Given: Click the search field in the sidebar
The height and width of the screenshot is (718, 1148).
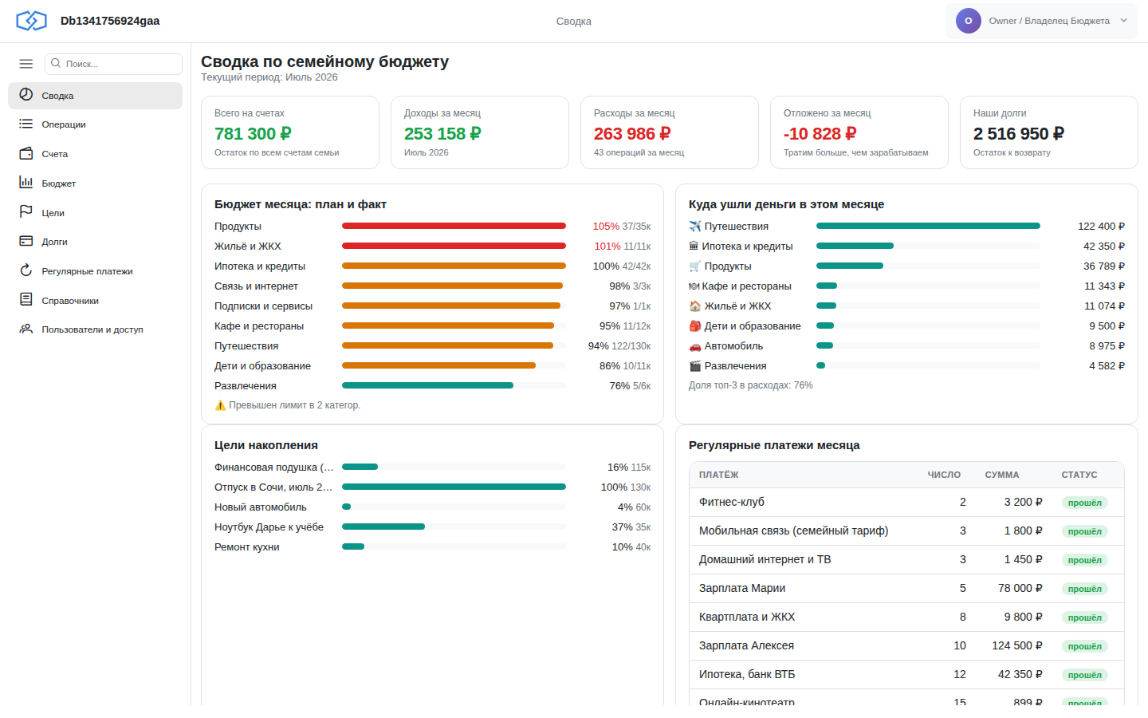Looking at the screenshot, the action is (113, 64).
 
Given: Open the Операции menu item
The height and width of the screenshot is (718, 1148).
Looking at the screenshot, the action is (64, 124).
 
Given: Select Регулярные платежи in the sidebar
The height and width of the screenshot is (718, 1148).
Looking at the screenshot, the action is (87, 271).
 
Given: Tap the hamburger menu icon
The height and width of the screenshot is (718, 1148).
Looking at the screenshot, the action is (26, 64).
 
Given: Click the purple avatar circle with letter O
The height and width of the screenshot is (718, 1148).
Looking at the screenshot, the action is (968, 21).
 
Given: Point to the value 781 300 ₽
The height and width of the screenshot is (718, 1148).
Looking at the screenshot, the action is (253, 134).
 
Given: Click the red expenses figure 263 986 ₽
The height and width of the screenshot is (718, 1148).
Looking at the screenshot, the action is (632, 134).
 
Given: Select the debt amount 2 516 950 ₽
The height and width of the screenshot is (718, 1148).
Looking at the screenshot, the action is (1018, 134).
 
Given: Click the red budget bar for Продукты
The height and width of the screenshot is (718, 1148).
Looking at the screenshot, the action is (454, 227).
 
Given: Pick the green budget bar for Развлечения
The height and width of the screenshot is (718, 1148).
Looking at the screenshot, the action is (427, 385).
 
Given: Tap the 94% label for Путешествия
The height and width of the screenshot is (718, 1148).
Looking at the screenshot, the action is (598, 346).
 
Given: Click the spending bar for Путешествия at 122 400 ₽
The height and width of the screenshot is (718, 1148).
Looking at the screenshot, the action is (928, 227).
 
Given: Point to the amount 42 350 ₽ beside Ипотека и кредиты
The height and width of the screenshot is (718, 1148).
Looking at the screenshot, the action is (1104, 247).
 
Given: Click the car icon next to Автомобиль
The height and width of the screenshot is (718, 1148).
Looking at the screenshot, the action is (695, 347).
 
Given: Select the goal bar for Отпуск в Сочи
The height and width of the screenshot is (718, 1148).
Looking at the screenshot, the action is (454, 487).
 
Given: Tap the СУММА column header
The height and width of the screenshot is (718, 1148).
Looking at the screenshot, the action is (1001, 475).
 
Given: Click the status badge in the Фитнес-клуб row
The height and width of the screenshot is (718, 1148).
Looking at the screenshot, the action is (1084, 503).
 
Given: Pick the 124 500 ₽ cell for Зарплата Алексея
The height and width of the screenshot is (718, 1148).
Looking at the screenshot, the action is (1016, 645).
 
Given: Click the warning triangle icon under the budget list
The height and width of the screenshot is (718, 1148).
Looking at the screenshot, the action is (220, 405).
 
